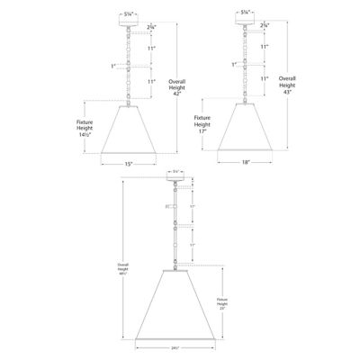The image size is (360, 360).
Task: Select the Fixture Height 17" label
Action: pos(202,121)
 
